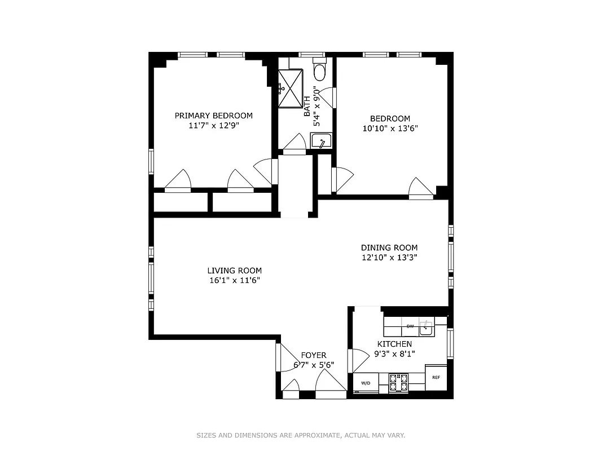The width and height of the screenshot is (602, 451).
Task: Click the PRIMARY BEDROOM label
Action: (x=213, y=116)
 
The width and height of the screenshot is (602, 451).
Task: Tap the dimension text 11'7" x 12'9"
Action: (x=213, y=126)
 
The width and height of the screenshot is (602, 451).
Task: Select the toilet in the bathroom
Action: (x=320, y=72)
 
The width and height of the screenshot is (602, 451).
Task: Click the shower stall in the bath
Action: (x=292, y=87)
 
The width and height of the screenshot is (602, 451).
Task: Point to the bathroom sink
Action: (x=321, y=141)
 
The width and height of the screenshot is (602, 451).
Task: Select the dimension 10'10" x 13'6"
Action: (x=390, y=128)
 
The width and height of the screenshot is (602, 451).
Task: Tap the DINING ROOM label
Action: (x=389, y=247)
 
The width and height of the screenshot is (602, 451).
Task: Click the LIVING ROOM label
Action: (x=234, y=271)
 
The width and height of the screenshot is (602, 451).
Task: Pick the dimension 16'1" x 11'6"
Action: (x=234, y=280)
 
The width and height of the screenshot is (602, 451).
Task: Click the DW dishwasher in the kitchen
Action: (x=410, y=326)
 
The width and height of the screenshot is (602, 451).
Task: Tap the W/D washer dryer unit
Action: (x=366, y=383)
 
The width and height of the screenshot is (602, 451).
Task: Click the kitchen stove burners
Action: (x=398, y=382)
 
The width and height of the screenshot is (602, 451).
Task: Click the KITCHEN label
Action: (x=394, y=344)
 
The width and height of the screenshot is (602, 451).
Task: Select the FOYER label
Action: (x=314, y=355)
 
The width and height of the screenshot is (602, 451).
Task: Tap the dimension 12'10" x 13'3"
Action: (x=389, y=258)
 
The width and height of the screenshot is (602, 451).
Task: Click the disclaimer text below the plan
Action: (x=301, y=435)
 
